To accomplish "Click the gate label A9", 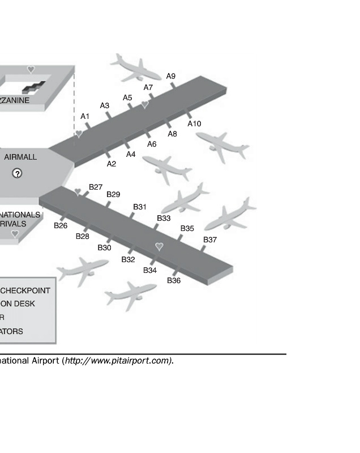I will tap(171, 76).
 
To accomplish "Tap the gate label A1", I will tap(85, 116).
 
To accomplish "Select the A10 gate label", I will tap(194, 123).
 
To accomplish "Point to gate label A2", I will tap(112, 164).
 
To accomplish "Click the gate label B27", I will tap(96, 187).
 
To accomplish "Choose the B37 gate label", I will tap(210, 240).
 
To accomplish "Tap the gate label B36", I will tap(174, 280).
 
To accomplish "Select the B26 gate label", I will tap(61, 225).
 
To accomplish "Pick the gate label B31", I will tap(140, 207).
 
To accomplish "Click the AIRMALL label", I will tap(20, 157).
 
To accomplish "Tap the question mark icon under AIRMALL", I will tap(18, 173).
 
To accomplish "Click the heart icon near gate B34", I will tap(159, 246).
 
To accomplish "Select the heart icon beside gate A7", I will tap(145, 105).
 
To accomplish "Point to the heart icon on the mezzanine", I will tap(31, 70).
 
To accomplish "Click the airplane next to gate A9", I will tap(136, 68).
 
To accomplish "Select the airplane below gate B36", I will tap(131, 294).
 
